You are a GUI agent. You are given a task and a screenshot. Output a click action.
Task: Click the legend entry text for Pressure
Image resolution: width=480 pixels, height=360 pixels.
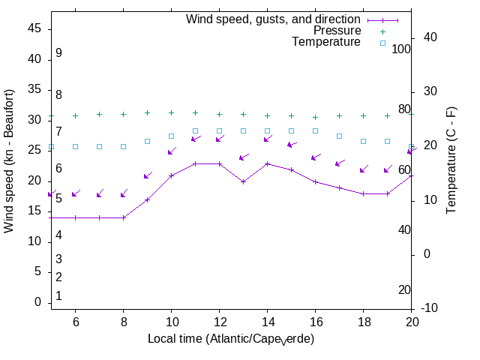point(337,31)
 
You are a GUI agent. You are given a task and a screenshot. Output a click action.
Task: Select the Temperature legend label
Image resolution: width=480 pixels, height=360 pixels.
point(326,42)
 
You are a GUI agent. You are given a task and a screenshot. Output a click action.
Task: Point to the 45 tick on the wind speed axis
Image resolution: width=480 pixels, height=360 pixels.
point(34,28)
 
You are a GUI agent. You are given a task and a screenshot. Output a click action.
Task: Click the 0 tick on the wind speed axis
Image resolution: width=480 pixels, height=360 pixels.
point(37,302)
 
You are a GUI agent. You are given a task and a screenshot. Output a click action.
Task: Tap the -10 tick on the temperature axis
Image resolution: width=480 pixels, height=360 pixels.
point(433,308)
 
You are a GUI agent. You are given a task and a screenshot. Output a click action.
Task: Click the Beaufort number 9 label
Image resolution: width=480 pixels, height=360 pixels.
point(58,53)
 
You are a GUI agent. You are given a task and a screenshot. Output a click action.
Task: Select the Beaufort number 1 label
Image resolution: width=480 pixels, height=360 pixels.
point(58,296)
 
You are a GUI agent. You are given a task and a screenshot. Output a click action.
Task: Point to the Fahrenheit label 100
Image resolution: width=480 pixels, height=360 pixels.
point(401,49)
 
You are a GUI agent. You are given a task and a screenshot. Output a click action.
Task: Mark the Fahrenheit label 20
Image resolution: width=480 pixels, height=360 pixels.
point(404,290)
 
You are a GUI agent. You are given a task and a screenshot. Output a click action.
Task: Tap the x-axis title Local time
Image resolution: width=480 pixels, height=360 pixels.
point(231,339)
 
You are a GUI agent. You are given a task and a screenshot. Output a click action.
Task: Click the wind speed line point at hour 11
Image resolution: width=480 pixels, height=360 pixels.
point(195,163)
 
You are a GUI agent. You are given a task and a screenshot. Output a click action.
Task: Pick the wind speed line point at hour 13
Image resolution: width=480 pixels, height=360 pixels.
point(243,181)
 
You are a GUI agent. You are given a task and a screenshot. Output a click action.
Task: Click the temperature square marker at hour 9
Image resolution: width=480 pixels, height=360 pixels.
point(147,141)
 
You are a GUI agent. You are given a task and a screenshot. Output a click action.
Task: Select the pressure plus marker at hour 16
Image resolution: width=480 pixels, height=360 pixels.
point(315,117)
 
